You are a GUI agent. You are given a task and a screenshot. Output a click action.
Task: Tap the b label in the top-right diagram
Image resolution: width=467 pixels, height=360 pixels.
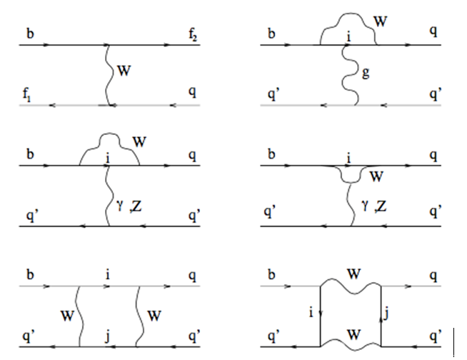pyautogui.click(x=271, y=32)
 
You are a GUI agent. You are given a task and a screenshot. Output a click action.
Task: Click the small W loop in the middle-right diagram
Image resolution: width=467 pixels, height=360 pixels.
pyautogui.click(x=350, y=174)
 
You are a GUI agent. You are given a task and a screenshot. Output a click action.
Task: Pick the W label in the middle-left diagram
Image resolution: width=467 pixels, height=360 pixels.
pyautogui.click(x=139, y=142)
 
